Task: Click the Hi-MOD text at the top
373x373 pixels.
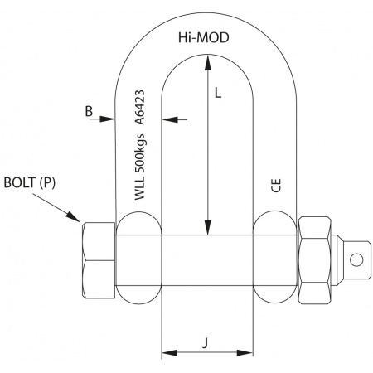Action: click(x=204, y=38)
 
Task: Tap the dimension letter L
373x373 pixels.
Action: click(x=218, y=93)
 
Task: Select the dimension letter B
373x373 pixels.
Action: click(x=89, y=111)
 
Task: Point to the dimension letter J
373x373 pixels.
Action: click(x=205, y=343)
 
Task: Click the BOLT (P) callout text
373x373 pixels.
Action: click(x=30, y=182)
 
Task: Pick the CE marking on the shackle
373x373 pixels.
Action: click(x=276, y=186)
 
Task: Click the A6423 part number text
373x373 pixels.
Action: click(x=139, y=107)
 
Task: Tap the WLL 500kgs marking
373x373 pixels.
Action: click(x=140, y=167)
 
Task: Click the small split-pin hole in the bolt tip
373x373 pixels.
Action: click(x=356, y=259)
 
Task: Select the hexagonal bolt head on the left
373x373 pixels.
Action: click(x=99, y=260)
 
